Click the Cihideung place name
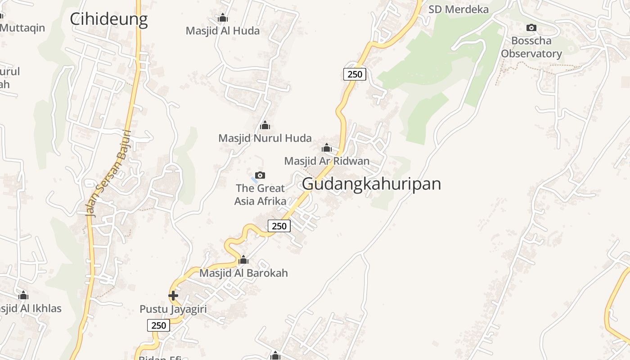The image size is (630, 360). tap(108, 19)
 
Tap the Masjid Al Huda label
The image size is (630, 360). tap(223, 31)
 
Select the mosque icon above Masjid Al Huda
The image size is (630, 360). tap(222, 18)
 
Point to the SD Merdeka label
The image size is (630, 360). tap(458, 9)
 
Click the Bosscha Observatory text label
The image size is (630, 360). tap(531, 47)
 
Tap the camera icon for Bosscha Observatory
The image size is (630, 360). tap(531, 28)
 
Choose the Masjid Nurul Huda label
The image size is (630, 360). tap(265, 138)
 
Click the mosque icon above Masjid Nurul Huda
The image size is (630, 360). tap(265, 125)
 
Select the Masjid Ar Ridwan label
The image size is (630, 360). tap(327, 161)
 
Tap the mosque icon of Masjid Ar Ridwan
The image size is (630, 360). tap(327, 148)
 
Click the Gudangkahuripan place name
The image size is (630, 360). tap(371, 184)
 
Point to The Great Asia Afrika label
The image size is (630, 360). tap(260, 194)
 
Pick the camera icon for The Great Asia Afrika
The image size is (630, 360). tap(260, 175)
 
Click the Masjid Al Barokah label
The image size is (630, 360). tap(243, 273)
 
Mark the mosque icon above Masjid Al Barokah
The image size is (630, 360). tap(243, 260)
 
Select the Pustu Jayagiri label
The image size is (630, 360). tap(173, 309)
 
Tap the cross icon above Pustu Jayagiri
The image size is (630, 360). tap(173, 296)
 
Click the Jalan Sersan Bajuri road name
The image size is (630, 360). tap(108, 173)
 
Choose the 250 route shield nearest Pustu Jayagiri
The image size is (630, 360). tap(159, 325)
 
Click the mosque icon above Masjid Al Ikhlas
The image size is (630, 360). tap(23, 296)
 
